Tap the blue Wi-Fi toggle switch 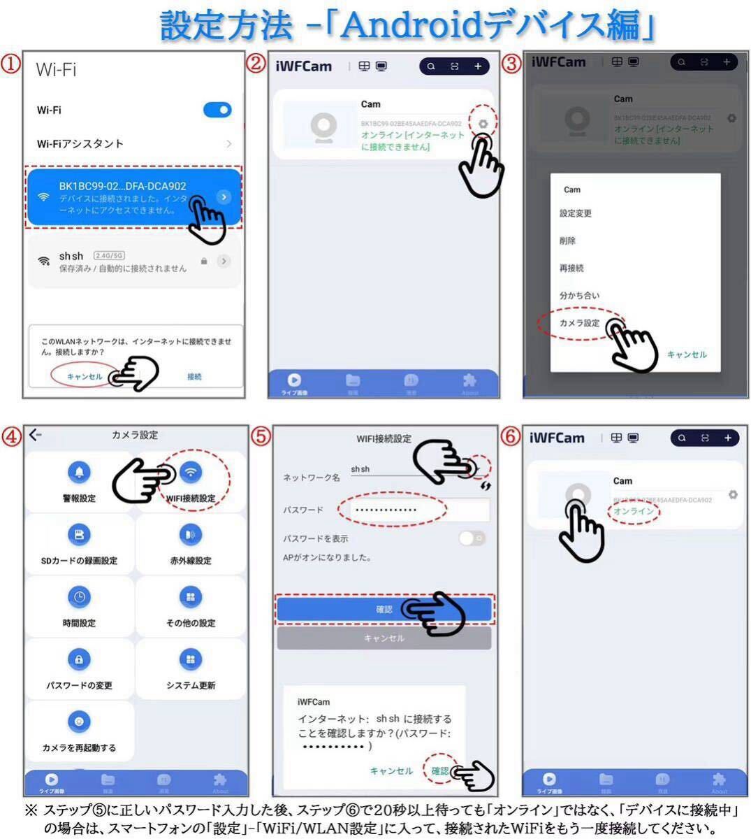point(217,110)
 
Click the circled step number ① point(10,64)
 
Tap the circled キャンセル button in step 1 point(85,376)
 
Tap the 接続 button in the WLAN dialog point(194,376)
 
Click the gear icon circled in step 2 point(483,124)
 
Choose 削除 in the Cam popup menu point(568,241)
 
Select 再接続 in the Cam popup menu point(571,268)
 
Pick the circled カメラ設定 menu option point(579,323)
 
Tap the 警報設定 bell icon point(79,473)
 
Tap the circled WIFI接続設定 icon point(191,473)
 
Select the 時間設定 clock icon point(79,597)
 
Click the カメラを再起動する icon point(79,722)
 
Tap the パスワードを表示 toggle point(472,538)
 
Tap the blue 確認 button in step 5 point(384,609)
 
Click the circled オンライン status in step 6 point(634,511)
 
